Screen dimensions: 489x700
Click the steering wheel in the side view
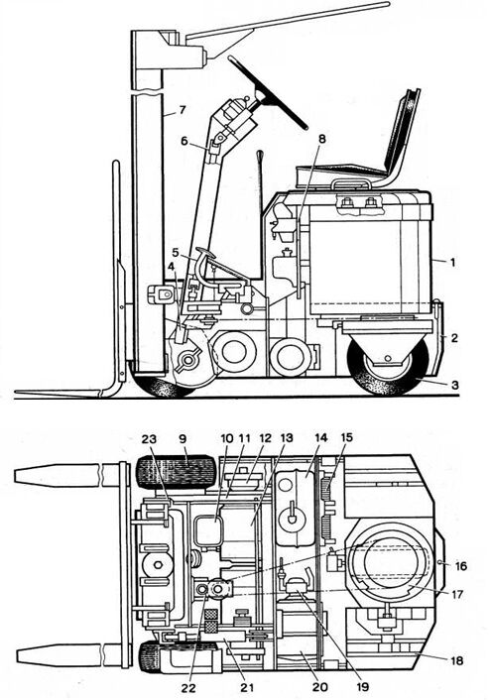(x=267, y=92)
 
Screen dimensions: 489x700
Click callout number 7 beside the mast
(x=182, y=110)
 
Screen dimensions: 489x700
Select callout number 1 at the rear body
(x=452, y=263)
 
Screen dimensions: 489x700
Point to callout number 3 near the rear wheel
(x=454, y=385)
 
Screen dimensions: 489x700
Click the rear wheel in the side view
(x=389, y=366)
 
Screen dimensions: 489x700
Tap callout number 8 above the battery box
(x=321, y=139)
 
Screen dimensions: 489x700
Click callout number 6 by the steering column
(x=183, y=141)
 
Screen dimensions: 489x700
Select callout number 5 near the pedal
(x=176, y=253)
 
